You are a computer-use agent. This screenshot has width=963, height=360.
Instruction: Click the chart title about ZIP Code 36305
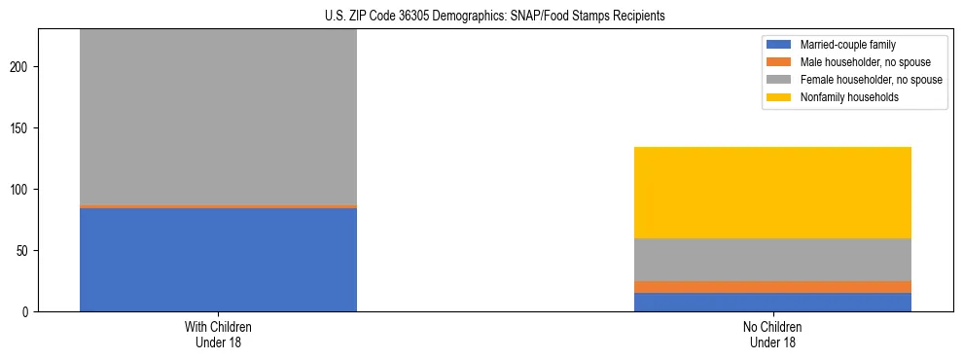point(481,17)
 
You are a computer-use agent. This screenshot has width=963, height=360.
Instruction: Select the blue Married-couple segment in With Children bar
point(218,260)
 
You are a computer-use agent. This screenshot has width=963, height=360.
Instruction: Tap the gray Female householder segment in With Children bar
point(218,117)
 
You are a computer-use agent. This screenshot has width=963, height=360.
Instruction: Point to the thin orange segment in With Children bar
point(218,206)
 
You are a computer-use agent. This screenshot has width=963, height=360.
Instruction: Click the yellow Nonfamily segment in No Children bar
point(772,193)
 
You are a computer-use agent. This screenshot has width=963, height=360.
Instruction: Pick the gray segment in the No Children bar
point(772,260)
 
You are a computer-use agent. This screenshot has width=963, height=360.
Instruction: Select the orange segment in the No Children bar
point(772,287)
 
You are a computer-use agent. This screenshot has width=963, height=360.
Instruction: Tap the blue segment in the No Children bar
point(772,303)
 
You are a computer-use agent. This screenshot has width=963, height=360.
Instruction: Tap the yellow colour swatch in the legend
point(780,97)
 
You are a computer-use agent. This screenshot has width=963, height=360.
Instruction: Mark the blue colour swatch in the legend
point(780,45)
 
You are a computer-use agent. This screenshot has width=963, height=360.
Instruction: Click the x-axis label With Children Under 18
point(218,335)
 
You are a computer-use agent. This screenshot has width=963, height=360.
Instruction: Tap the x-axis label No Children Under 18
point(772,335)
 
